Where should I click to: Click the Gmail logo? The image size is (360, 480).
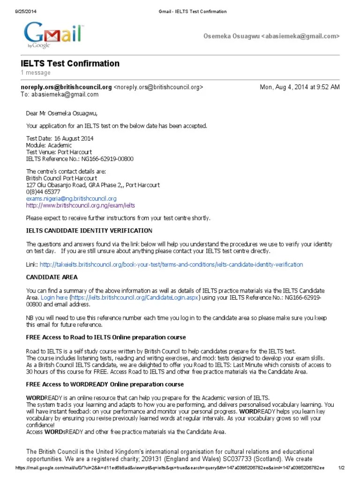(54, 34)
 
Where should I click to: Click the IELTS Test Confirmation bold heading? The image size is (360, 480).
(70, 63)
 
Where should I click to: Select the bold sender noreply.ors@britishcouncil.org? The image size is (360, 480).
(66, 87)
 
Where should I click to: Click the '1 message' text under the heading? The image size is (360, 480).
(36, 73)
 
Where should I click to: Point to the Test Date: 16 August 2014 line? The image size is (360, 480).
(60, 139)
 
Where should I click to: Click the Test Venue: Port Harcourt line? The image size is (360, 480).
(59, 152)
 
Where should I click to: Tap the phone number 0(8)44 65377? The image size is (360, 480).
(43, 192)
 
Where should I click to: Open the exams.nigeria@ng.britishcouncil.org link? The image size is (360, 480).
(71, 198)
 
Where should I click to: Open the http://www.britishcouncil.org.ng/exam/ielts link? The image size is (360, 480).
(81, 205)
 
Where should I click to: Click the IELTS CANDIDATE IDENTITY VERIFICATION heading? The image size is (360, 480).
(89, 231)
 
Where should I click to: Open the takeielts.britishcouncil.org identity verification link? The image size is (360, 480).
(171, 264)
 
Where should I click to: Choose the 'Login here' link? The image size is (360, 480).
(54, 297)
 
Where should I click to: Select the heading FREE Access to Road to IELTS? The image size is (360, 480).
(106, 337)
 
